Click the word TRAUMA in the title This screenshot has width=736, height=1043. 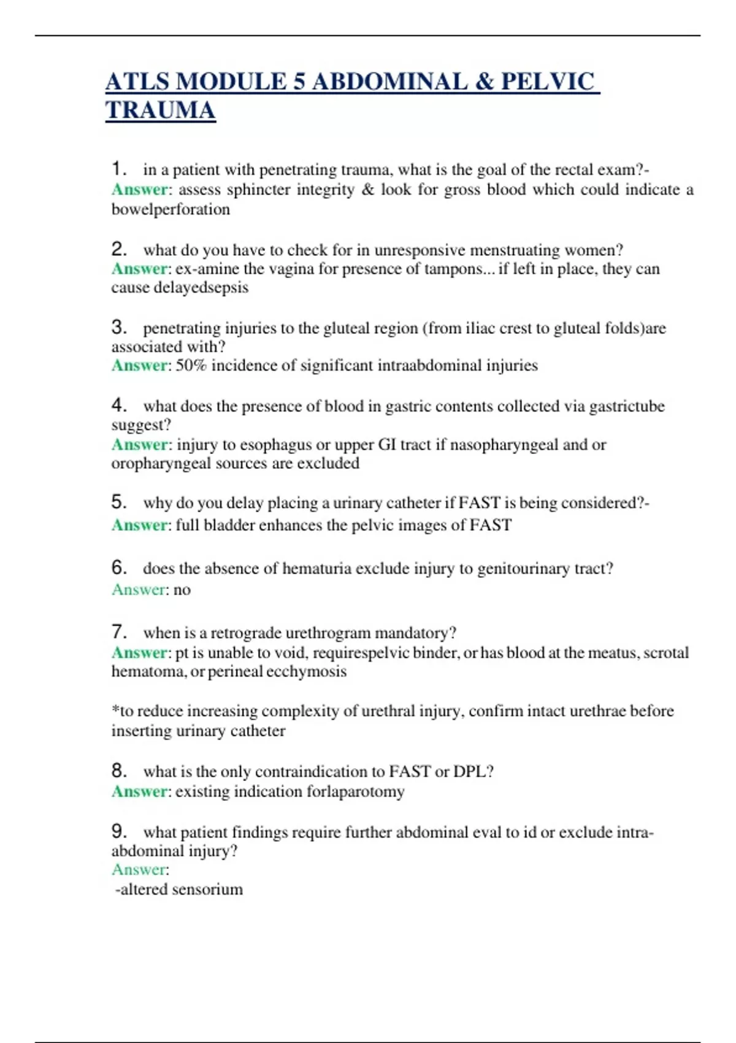tap(160, 110)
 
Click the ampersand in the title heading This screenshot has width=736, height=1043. tap(484, 82)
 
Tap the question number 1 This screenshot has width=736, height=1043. tap(118, 168)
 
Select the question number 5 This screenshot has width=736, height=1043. tap(118, 502)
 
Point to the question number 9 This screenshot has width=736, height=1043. tap(118, 831)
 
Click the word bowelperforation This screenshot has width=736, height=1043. tap(171, 209)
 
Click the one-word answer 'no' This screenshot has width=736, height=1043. tap(182, 590)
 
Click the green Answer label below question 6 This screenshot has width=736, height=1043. tap(139, 590)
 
